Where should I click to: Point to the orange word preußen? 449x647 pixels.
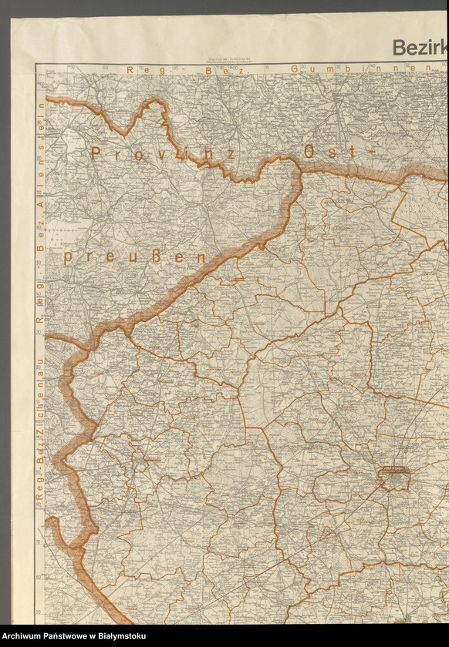[x=135, y=256]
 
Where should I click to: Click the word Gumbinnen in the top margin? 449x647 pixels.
[x=360, y=69]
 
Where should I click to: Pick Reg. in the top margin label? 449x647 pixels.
[x=140, y=69]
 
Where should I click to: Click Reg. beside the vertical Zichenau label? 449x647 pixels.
[x=39, y=487]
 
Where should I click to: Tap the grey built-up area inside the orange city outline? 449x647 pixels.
[x=395, y=481]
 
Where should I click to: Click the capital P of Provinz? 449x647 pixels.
[x=96, y=153]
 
